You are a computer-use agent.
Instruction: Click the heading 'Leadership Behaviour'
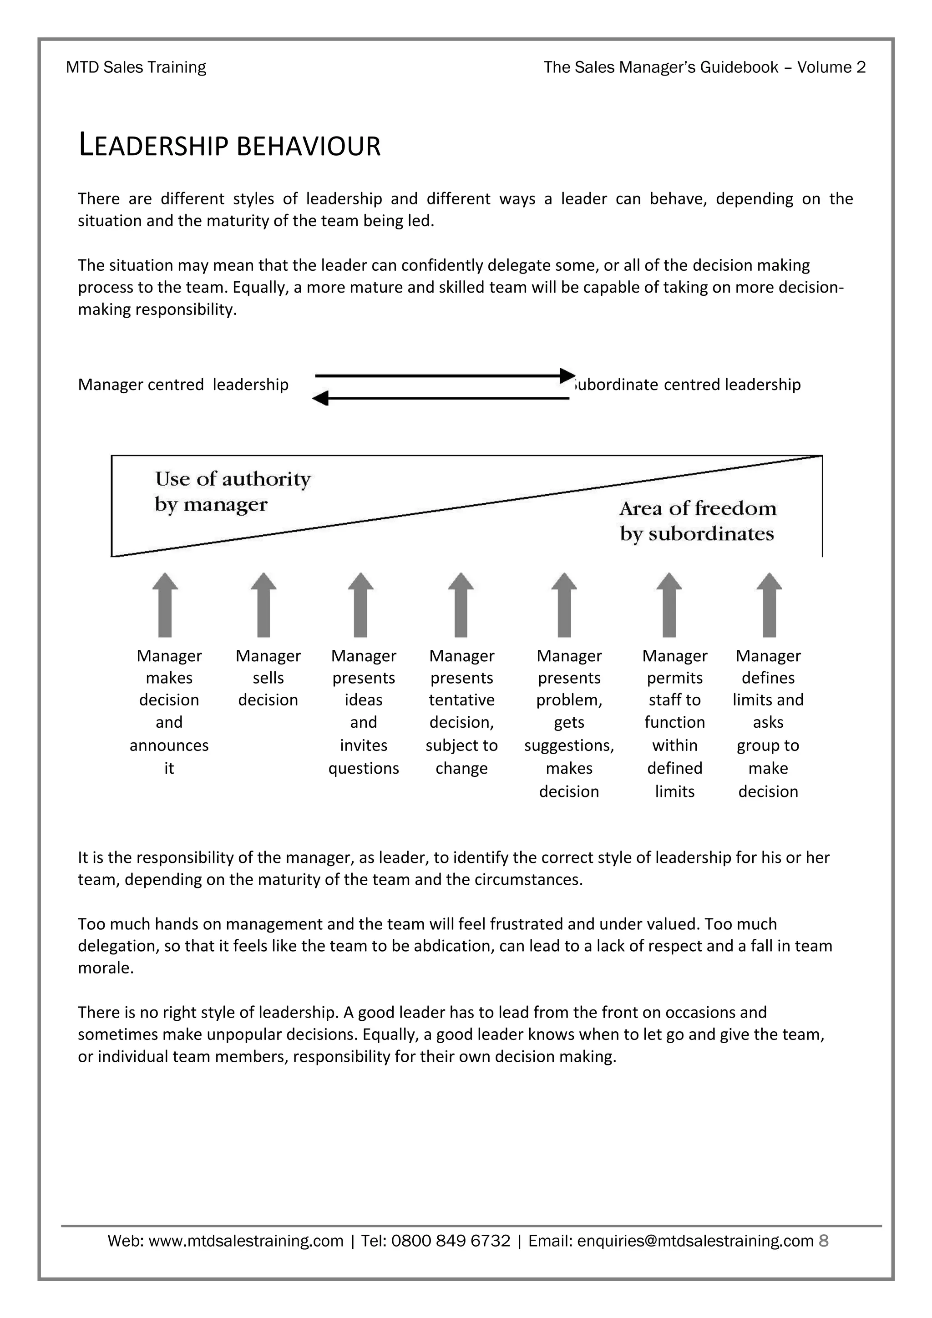229,146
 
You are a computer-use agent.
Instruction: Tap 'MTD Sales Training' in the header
136,67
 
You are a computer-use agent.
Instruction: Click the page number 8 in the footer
824,1241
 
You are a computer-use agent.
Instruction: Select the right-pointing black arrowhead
567,375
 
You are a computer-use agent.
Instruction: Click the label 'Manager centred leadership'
183,384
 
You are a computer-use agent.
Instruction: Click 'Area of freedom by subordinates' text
697,521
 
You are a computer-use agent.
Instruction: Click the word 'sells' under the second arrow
268,678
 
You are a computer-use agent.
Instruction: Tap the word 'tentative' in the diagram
461,700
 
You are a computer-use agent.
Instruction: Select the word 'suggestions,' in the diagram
569,745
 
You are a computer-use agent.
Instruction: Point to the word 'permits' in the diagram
674,678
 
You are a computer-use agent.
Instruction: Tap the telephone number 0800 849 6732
451,1241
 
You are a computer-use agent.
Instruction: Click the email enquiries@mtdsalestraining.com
695,1241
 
